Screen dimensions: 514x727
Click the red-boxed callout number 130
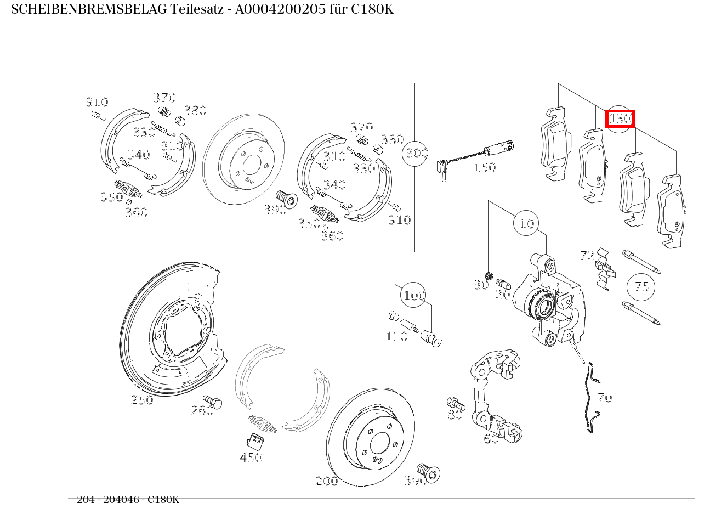pyautogui.click(x=620, y=118)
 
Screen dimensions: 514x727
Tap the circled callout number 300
pyautogui.click(x=416, y=154)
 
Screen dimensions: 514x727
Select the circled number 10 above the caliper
pyautogui.click(x=526, y=223)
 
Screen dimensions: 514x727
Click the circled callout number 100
pyautogui.click(x=414, y=296)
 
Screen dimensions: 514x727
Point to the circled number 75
pyautogui.click(x=641, y=286)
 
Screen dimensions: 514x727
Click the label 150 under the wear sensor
pyautogui.click(x=484, y=167)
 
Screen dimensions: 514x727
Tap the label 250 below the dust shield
pyautogui.click(x=142, y=400)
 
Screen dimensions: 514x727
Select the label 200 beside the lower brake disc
pyautogui.click(x=327, y=481)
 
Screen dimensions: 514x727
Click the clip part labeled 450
pyautogui.click(x=254, y=440)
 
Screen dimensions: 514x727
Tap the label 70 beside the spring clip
pyautogui.click(x=604, y=398)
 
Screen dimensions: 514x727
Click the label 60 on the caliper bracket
pyautogui.click(x=491, y=438)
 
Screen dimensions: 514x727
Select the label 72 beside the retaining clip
pyautogui.click(x=587, y=255)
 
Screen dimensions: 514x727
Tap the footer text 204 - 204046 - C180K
pyautogui.click(x=128, y=500)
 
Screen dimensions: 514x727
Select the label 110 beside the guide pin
pyautogui.click(x=396, y=336)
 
